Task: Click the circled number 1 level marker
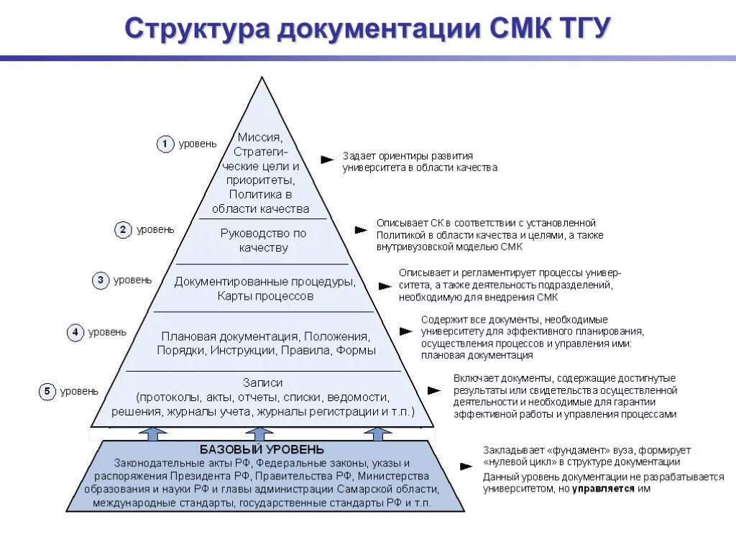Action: pyautogui.click(x=165, y=144)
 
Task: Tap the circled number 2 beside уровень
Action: pyautogui.click(x=123, y=230)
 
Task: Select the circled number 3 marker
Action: pyautogui.click(x=101, y=280)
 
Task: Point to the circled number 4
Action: pyautogui.click(x=75, y=333)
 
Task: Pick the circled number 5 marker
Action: pyautogui.click(x=47, y=392)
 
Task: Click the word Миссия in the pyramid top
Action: pyautogui.click(x=260, y=137)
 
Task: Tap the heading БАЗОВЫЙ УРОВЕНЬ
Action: pyautogui.click(x=262, y=450)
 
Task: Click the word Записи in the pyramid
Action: pyautogui.click(x=263, y=382)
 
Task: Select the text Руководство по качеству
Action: pyautogui.click(x=263, y=241)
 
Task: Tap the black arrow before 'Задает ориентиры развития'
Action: pyautogui.click(x=327, y=159)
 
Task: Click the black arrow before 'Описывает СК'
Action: pyautogui.click(x=361, y=230)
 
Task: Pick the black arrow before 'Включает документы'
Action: pyautogui.click(x=433, y=390)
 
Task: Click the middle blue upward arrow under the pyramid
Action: pyautogui.click(x=259, y=433)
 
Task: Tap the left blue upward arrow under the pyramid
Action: pyautogui.click(x=152, y=433)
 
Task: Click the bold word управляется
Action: pyautogui.click(x=604, y=488)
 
